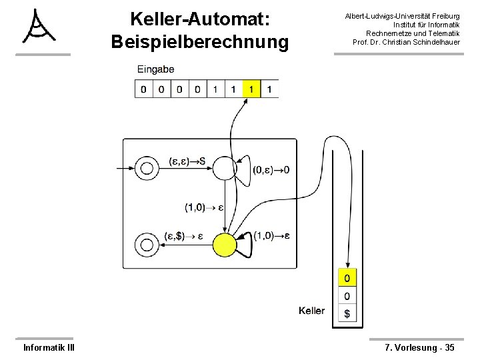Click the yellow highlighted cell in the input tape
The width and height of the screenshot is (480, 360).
[x=251, y=89]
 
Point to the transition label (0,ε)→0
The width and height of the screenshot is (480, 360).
[x=271, y=170]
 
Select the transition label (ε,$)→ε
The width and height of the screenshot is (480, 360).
[x=183, y=236]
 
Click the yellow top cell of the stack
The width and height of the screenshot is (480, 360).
[x=347, y=277]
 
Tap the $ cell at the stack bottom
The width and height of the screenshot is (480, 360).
[x=347, y=313]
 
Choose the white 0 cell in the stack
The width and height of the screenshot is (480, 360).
[x=347, y=295]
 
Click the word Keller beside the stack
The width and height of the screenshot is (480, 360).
[x=312, y=311]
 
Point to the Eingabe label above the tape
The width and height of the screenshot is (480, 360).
[x=156, y=69]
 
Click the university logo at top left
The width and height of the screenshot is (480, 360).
[x=38, y=26]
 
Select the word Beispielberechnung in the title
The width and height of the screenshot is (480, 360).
[x=201, y=42]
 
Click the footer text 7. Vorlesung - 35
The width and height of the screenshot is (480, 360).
[x=420, y=347]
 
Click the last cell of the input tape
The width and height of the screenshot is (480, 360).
[x=270, y=89]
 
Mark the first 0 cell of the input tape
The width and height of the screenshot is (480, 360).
[x=143, y=89]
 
